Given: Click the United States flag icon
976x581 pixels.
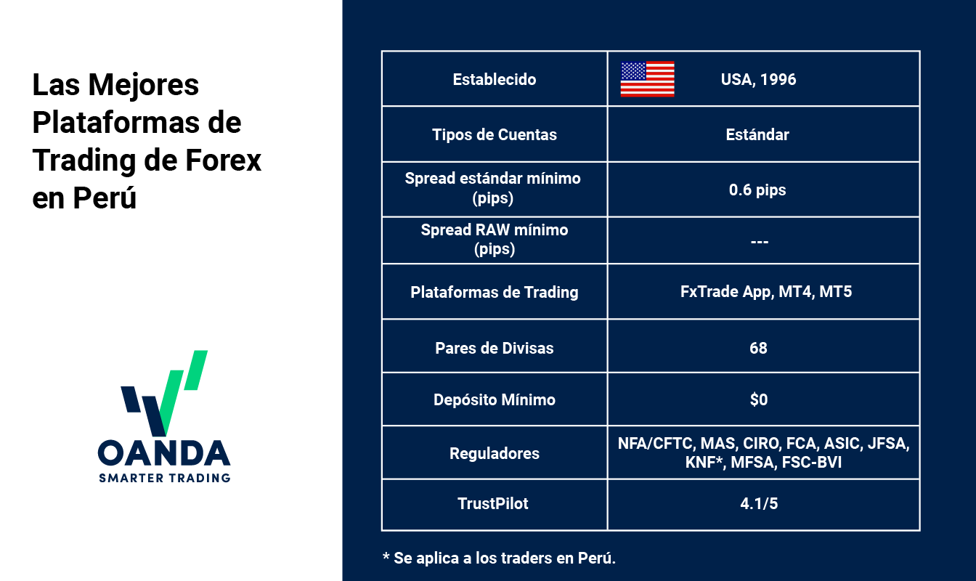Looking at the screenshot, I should click(647, 79).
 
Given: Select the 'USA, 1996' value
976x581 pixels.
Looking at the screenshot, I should click(758, 79).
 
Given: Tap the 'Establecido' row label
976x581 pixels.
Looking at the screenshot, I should click(494, 79).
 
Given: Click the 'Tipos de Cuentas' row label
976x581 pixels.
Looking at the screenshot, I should click(494, 134).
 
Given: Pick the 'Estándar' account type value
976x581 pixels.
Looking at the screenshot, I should click(757, 134).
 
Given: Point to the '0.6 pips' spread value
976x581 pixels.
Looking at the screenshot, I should click(757, 190).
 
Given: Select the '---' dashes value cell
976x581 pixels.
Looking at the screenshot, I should click(759, 241).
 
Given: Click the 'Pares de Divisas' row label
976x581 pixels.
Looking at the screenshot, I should click(494, 348).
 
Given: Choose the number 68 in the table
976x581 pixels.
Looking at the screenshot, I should click(758, 348).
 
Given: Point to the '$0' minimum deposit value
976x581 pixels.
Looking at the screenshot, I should click(758, 399).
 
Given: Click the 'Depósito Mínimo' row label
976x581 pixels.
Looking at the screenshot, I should click(494, 399).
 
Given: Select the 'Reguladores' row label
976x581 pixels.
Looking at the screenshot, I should click(494, 453).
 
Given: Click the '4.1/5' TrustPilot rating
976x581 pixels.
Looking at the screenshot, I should click(758, 503).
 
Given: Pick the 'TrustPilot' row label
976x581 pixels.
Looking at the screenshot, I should click(494, 503).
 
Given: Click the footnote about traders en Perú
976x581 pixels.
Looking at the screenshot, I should click(499, 558).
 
